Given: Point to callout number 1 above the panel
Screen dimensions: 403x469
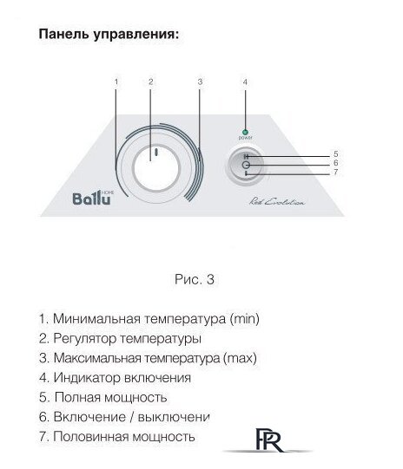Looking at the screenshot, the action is [116, 82].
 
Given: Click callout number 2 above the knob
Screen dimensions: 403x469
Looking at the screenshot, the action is [150, 82].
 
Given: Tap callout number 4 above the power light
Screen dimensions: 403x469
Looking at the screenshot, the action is [246, 82].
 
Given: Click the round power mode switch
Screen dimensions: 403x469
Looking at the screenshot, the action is [246, 164].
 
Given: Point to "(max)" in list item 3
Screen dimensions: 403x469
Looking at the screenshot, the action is [241, 358].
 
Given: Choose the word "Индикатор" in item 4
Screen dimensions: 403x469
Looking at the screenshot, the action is [83, 378].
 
